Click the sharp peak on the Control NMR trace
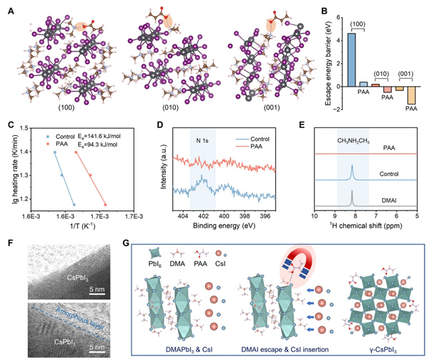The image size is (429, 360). pos(352,170)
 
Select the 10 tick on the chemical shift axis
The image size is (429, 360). pos(314,215)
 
